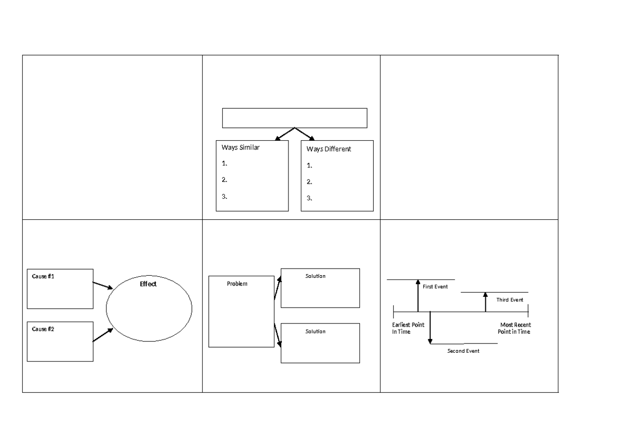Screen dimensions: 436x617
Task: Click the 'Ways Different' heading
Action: [x=329, y=149]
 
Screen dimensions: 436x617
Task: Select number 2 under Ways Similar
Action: [x=225, y=180]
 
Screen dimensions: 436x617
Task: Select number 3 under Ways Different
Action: [x=309, y=198]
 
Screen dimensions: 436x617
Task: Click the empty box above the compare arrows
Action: [x=295, y=118]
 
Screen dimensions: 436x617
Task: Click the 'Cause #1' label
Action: [x=43, y=276]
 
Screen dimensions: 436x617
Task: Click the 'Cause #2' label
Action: [x=43, y=329]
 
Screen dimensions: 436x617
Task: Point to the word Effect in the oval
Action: [x=148, y=284]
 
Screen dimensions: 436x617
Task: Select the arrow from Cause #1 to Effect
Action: [x=103, y=285]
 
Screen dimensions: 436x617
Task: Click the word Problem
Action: [x=237, y=283]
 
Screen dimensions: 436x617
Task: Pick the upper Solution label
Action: [x=315, y=276]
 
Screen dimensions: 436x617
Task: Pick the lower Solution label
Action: [x=315, y=331]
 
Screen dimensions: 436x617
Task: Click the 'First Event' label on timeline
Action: [x=435, y=287]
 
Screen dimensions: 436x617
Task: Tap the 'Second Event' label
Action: [x=463, y=351]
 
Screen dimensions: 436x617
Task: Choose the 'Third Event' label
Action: [x=510, y=299]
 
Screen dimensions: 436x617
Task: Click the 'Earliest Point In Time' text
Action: [x=408, y=329]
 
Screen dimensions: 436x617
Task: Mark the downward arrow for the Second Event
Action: [x=430, y=329]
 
